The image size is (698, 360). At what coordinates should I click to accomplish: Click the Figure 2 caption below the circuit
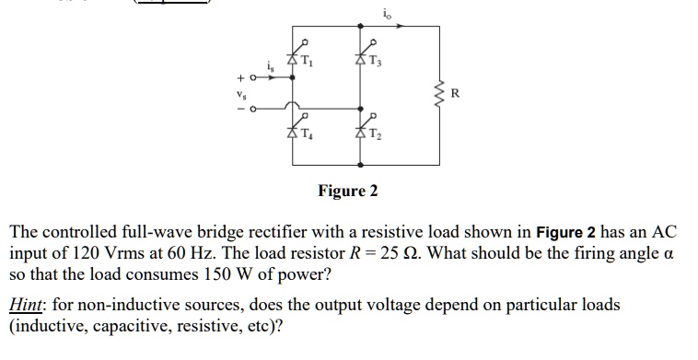(347, 192)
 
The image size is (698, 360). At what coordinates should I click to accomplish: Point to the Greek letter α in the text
(669, 254)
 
